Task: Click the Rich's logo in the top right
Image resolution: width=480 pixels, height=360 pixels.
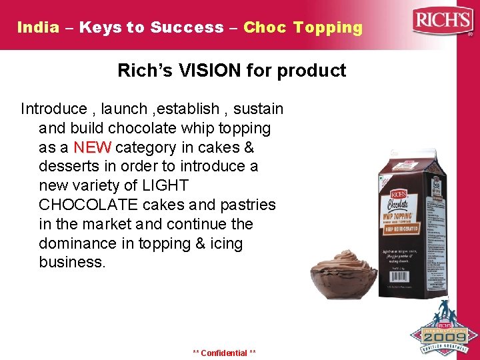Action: click(x=442, y=22)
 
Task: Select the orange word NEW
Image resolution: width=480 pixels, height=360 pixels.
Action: click(x=92, y=147)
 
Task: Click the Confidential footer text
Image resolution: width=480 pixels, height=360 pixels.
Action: click(x=224, y=353)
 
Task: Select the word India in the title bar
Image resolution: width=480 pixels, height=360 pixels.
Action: click(x=38, y=27)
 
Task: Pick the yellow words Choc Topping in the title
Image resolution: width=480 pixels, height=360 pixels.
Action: click(x=303, y=27)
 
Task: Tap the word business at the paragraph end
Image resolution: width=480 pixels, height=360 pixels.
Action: click(x=71, y=263)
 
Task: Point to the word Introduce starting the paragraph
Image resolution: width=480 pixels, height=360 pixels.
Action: click(x=54, y=108)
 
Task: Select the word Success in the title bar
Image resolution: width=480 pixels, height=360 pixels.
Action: click(x=187, y=27)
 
